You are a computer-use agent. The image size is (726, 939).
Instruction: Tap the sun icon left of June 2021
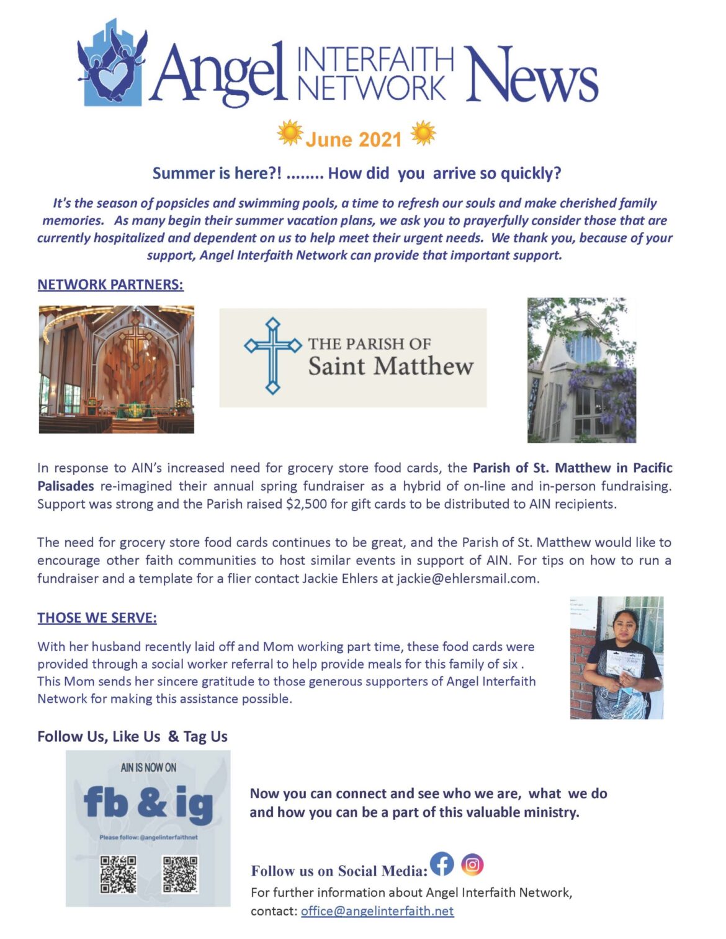coord(290,133)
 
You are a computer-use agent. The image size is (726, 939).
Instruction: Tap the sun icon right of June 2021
coord(423,133)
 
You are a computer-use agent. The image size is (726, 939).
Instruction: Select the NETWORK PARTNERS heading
coord(110,285)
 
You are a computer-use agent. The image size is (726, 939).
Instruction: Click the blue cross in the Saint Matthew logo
coord(272,355)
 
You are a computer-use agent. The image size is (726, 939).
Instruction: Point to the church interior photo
coord(116,369)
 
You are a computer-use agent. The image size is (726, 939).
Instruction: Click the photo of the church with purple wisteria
coord(581,370)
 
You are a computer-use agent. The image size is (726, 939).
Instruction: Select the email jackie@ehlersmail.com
coord(467,579)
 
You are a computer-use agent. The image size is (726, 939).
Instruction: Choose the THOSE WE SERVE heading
coord(97,618)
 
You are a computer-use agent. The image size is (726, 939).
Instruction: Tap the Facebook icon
coord(442,863)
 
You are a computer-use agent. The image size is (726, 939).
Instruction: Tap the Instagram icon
coord(472,864)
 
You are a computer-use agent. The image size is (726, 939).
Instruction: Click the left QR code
coord(119,874)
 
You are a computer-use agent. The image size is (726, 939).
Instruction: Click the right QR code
coord(180,874)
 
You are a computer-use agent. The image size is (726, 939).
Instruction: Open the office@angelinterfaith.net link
coord(377,911)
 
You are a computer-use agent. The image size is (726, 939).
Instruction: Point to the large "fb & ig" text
coord(148,803)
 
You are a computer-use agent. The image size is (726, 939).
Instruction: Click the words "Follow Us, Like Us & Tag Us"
coord(132,737)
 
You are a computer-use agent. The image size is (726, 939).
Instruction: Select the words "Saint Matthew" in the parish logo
coord(391,366)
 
